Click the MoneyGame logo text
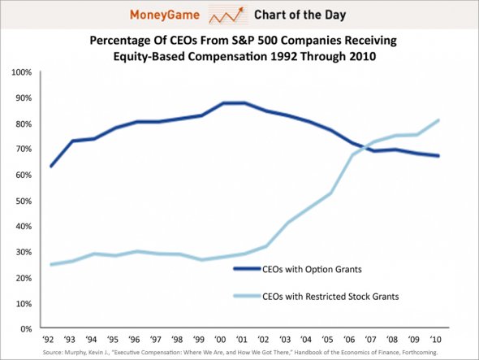click(165, 15)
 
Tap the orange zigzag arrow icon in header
click(227, 15)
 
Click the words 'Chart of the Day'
click(300, 15)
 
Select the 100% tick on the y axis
click(21, 72)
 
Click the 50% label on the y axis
click(24, 202)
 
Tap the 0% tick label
click(26, 329)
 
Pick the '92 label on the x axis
click(48, 340)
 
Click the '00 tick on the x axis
click(220, 340)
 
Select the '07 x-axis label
click(370, 340)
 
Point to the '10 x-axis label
click(435, 340)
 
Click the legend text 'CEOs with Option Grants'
click(312, 270)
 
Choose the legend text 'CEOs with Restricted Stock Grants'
click(330, 297)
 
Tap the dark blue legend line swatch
click(247, 269)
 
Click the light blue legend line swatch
click(247, 296)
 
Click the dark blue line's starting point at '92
click(50, 167)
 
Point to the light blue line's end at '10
click(438, 120)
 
